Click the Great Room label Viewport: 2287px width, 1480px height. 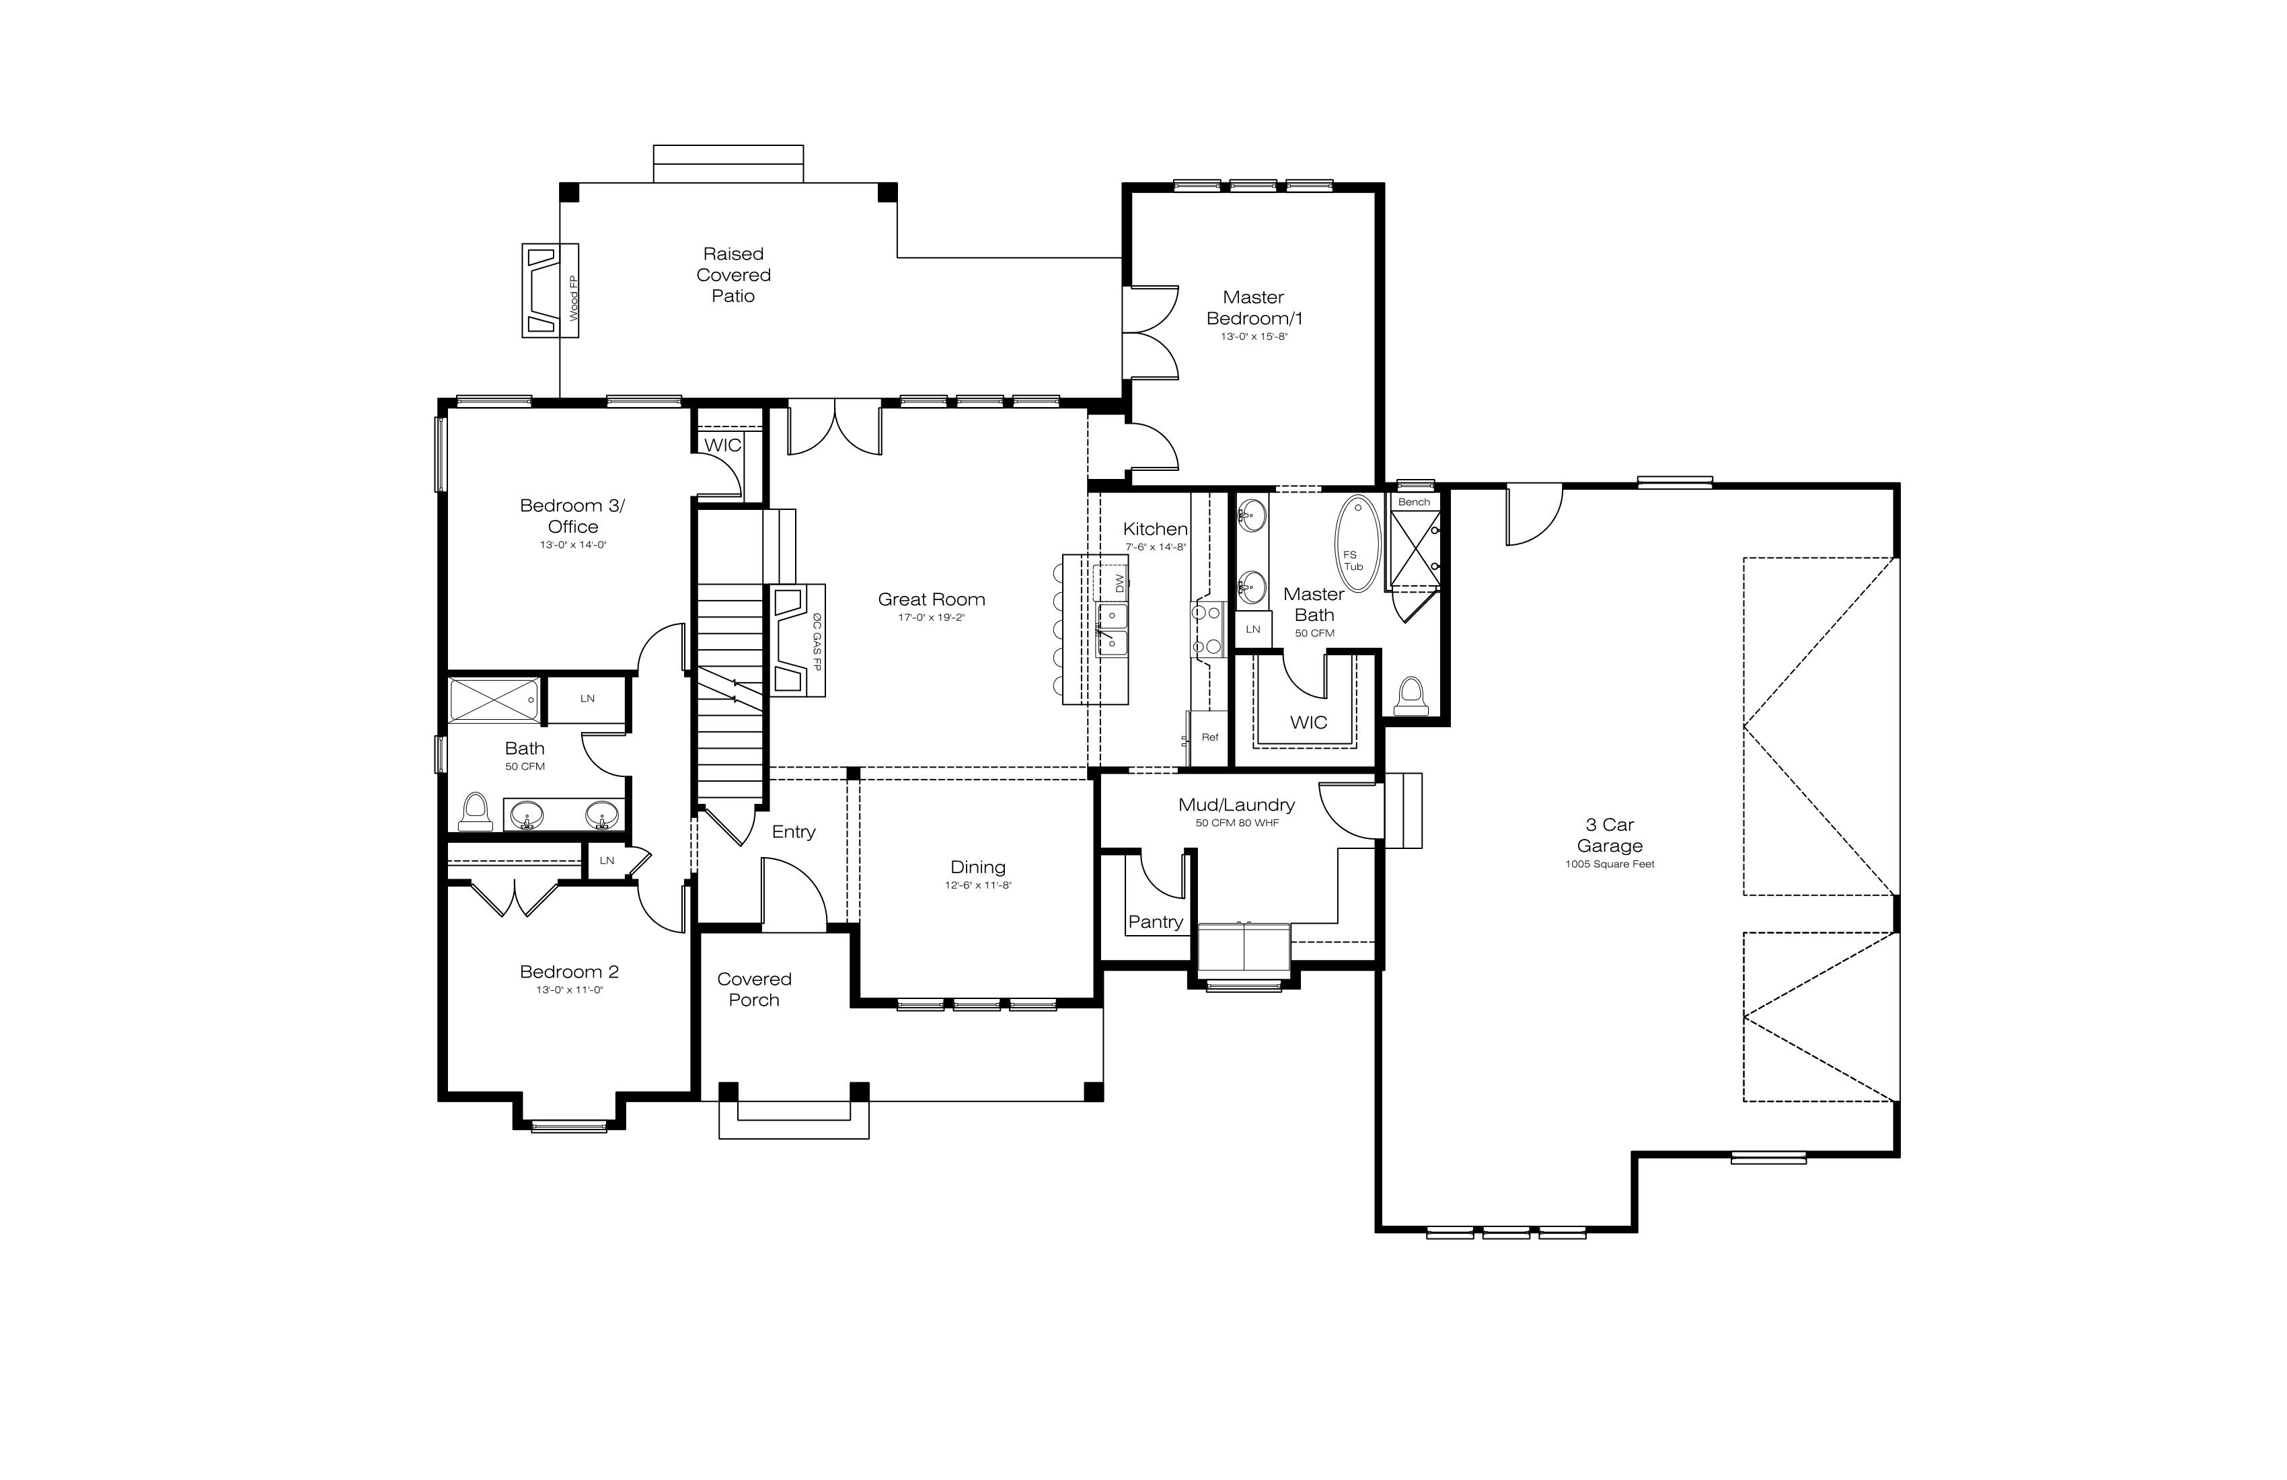931,599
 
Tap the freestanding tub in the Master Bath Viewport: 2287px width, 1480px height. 1358,543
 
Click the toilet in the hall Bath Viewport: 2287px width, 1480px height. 475,811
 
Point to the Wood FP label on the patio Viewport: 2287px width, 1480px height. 574,298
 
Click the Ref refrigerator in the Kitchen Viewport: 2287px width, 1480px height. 1209,738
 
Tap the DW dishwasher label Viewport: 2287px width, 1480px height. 1119,583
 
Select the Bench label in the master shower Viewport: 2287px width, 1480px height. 1413,503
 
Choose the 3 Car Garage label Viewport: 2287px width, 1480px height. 1610,835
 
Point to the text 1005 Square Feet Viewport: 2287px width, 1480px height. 1610,864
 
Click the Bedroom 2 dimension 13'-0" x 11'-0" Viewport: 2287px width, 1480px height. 570,990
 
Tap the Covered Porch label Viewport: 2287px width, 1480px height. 754,989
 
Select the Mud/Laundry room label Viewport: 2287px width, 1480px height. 1237,805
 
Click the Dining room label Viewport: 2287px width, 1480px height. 978,867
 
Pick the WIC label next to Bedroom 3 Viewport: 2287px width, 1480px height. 722,445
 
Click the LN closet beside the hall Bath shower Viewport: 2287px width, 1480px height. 587,699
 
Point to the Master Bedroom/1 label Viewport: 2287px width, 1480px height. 1254,307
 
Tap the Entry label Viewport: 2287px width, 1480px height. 794,832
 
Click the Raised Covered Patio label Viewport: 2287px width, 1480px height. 733,275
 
